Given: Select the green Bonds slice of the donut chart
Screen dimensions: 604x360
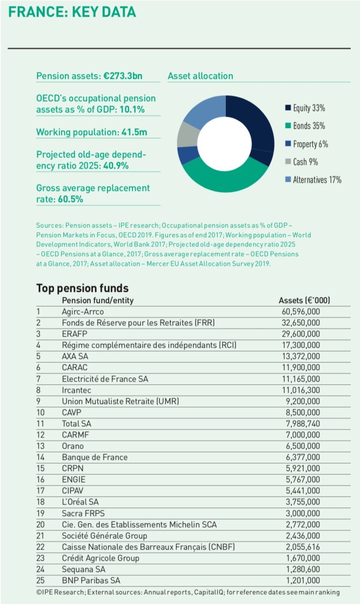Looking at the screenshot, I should point(224,179).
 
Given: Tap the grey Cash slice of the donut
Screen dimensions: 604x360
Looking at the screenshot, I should point(189,134).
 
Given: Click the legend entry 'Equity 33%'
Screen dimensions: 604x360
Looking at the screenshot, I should point(308,108).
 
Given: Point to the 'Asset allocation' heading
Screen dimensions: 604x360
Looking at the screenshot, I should point(200,76).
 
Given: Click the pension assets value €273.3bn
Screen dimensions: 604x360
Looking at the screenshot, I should point(123,76).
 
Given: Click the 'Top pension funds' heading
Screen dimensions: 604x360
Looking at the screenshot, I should point(82,288).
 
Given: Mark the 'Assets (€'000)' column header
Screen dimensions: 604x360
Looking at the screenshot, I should point(304,300).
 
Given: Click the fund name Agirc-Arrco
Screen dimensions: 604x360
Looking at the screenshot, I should point(83,311).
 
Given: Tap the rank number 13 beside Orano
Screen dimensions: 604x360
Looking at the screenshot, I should point(40,445).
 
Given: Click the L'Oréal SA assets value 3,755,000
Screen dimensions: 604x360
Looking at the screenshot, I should point(301,502).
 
